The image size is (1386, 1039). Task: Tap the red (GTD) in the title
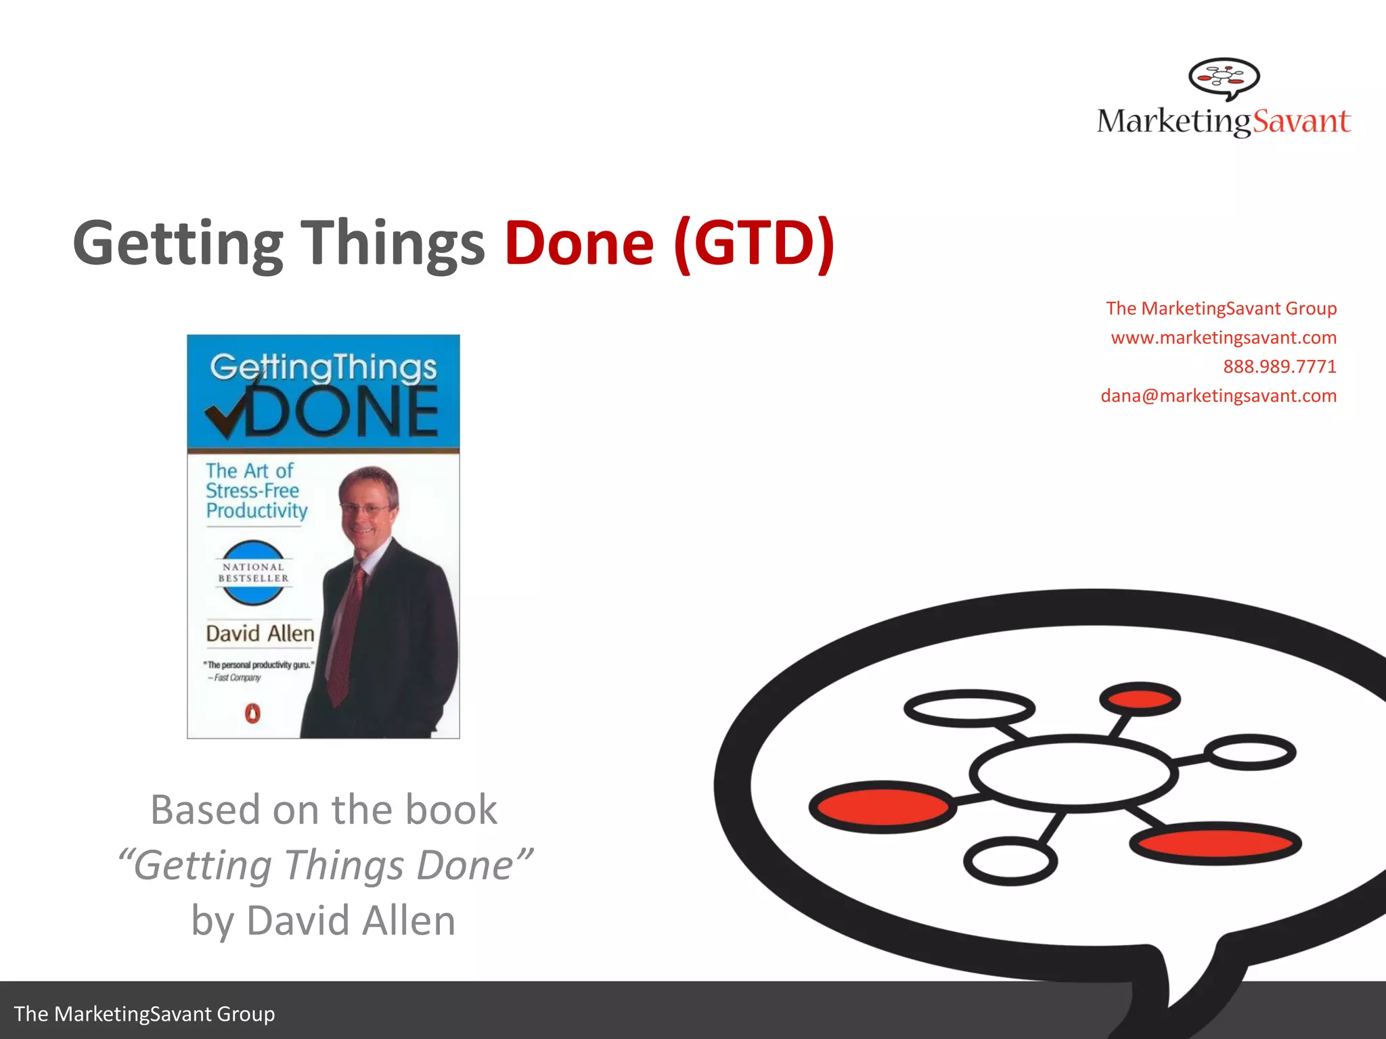tap(754, 244)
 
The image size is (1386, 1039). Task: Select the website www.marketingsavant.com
tap(1223, 338)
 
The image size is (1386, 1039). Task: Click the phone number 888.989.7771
tap(1279, 367)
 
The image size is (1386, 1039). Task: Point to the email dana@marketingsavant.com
tap(1218, 396)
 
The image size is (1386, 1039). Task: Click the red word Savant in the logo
tap(1301, 122)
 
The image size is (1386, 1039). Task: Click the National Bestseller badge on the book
tap(253, 572)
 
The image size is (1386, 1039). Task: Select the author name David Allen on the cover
tap(260, 634)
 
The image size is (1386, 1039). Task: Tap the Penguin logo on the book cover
tap(252, 714)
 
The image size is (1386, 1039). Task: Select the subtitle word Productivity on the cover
tap(256, 511)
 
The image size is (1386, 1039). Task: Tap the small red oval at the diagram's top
tap(1140, 699)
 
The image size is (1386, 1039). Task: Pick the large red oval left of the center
tap(882, 806)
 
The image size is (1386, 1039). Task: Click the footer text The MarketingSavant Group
tap(144, 1014)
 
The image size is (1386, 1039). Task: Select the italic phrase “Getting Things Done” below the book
tap(324, 865)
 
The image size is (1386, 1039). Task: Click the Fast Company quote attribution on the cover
tap(236, 678)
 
